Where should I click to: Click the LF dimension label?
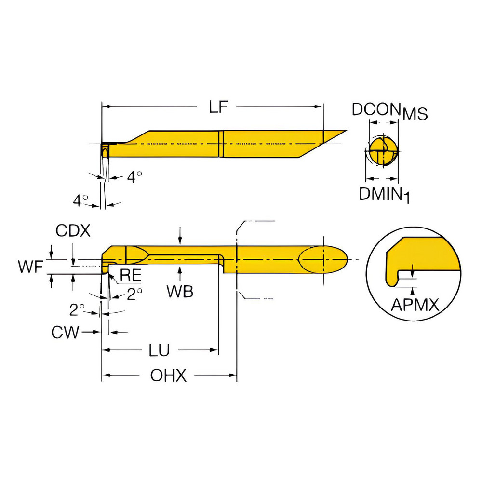(x=218, y=107)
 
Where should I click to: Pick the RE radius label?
(x=130, y=275)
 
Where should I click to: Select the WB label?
(x=180, y=291)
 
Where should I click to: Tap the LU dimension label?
(x=159, y=350)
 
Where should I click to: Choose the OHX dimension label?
(x=168, y=375)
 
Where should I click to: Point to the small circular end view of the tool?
(x=383, y=151)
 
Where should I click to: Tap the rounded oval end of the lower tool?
(x=322, y=259)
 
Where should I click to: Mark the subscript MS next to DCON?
(x=415, y=114)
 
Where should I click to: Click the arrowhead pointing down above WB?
(x=180, y=241)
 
